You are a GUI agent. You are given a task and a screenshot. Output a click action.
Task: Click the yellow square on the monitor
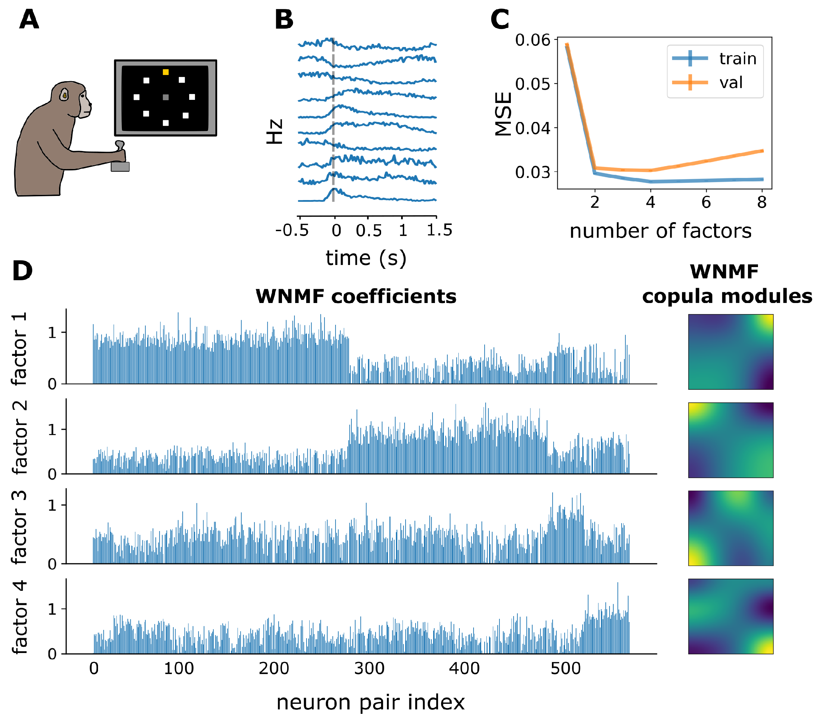(165, 72)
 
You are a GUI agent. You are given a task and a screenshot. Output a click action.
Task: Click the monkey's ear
(64, 95)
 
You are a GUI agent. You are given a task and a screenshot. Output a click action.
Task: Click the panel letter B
(284, 20)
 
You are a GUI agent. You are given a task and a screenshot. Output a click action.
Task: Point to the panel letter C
(500, 20)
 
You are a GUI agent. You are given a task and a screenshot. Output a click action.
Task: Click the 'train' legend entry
(738, 59)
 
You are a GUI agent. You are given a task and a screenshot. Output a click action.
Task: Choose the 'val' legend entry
(731, 83)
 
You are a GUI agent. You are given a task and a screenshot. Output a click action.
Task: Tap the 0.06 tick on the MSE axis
(532, 40)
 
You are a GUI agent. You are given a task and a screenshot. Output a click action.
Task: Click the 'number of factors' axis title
(660, 231)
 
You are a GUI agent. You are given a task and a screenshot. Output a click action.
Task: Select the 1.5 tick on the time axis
(439, 230)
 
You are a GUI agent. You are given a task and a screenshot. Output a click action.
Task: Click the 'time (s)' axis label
(366, 258)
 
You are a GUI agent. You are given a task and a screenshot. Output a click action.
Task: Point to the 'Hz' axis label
(275, 131)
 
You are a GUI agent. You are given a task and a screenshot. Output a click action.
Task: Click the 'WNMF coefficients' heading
(356, 296)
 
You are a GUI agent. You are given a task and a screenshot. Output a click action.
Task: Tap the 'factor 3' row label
(19, 527)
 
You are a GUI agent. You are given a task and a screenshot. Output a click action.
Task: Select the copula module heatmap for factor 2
(731, 440)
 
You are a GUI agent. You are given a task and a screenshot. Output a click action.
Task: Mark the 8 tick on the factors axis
(762, 202)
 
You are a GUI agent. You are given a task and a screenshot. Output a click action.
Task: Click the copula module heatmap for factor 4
(731, 616)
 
